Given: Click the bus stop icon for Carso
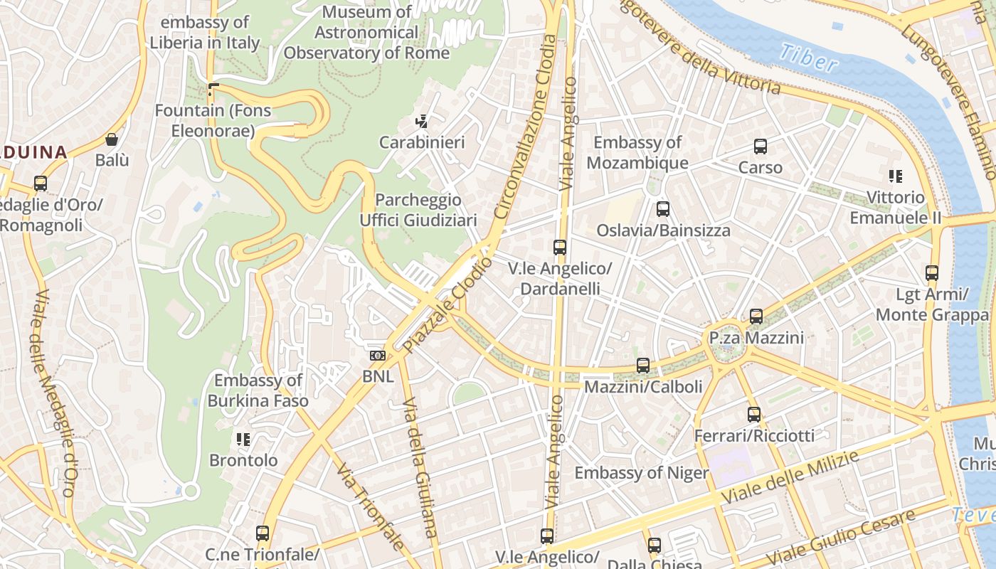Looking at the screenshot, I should tap(760, 147).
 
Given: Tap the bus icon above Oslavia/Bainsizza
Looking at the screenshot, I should tap(662, 209).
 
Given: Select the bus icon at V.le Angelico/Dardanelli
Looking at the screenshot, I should tap(560, 248).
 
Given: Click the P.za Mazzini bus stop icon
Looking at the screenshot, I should tap(756, 317).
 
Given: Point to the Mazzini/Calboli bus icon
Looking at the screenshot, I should tap(642, 366).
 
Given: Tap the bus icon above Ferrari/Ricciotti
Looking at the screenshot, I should tap(753, 414).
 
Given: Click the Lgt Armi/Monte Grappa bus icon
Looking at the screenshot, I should tap(931, 273).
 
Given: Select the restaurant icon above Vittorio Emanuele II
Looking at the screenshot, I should tap(895, 176).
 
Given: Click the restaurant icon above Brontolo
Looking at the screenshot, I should tap(243, 439).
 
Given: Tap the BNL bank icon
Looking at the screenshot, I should tap(377, 355).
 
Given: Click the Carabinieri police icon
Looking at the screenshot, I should tap(422, 122).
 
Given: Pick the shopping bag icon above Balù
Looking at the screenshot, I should tap(112, 139).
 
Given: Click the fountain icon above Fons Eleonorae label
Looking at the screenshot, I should tap(213, 90).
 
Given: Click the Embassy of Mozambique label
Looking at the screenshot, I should tap(637, 152).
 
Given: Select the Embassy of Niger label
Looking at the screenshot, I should tap(641, 473).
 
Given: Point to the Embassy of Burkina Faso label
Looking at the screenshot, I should tap(258, 390).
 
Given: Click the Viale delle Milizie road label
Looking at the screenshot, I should tap(790, 478).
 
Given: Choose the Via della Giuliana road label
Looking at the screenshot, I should tap(420, 477).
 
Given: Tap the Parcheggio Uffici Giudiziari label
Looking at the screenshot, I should tap(418, 210).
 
